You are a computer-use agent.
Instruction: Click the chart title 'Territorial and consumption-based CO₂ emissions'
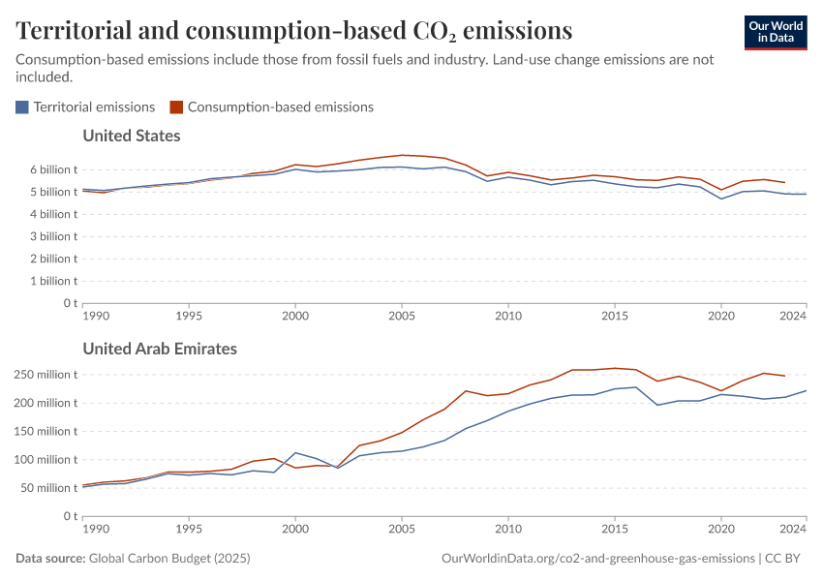pos(293,31)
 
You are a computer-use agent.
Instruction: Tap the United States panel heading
pos(132,136)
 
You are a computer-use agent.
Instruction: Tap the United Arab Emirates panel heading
pos(160,349)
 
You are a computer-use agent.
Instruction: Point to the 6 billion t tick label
pos(46,169)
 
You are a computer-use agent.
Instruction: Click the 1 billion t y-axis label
pos(46,281)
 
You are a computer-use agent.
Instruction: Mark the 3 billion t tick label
pos(46,236)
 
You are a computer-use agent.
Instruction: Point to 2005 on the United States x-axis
pos(401,316)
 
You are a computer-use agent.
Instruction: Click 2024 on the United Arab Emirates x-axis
pos(793,530)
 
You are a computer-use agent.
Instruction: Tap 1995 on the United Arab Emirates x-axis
pos(189,530)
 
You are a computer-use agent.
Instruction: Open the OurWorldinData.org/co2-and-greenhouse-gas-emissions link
pos(597,559)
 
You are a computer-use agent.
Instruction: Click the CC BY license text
pos(786,559)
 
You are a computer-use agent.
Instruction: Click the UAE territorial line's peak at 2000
pos(295,453)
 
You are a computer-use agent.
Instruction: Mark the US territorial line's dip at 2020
pos(720,199)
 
